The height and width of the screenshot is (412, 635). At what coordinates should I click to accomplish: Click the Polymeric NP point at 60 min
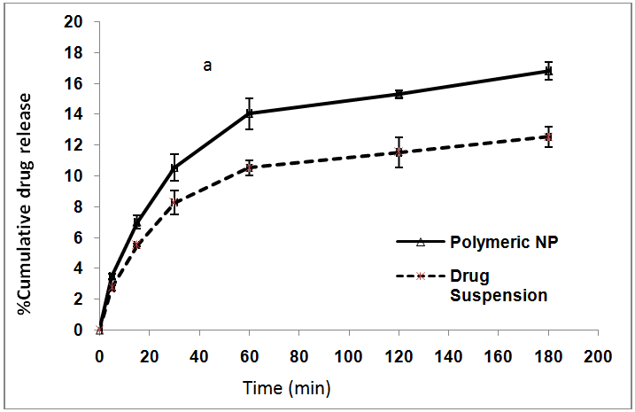point(250,113)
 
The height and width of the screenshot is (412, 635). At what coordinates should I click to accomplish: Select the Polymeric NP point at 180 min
point(549,71)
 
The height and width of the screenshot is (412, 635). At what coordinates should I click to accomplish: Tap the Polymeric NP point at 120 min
point(399,94)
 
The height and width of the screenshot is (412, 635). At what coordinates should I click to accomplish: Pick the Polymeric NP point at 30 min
point(174,167)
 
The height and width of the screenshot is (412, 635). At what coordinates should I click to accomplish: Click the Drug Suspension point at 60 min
point(250,167)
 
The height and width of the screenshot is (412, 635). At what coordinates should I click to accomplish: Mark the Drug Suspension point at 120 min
point(399,152)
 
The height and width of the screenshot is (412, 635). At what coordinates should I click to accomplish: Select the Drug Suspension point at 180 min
point(549,136)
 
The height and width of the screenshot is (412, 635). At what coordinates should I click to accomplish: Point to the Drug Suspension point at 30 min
point(174,202)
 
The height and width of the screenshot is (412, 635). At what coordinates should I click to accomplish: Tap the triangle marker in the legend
point(422,241)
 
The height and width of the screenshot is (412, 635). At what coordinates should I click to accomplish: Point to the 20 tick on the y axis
point(77,22)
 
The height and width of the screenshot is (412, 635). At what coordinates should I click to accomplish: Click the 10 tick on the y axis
point(77,175)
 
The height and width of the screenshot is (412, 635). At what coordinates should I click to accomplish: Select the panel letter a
point(207,65)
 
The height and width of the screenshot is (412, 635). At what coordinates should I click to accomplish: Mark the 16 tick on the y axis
point(77,83)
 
